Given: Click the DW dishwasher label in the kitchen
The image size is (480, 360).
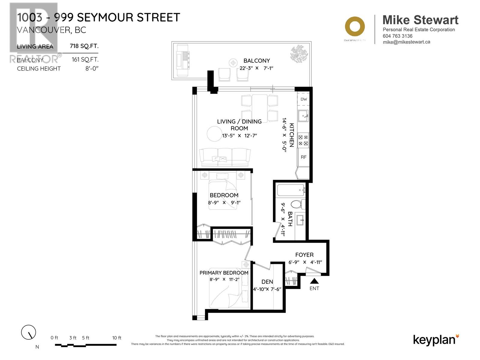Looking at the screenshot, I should pos(304,99).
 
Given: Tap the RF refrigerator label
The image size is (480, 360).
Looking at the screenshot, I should pos(304,157).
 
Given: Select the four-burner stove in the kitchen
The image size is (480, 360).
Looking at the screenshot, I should pos(303,140).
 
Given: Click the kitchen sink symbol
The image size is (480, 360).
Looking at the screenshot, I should pos(303,115).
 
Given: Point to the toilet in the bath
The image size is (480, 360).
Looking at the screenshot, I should pos(297,204).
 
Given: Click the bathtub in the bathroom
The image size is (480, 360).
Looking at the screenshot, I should pos(290,190).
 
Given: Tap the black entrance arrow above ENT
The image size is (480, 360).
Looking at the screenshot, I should pos(314,281).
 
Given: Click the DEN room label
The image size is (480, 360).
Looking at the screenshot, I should pos(267,282).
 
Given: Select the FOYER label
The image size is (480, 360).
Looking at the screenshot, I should pos(304,255).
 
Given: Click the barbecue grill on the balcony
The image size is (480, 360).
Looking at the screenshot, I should pos(183,61).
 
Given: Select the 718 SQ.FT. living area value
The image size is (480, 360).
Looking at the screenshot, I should pos(84,46).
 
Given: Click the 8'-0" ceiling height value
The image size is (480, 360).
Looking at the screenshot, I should pos(92,68).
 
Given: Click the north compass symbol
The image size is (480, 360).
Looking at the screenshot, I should pos(29,332).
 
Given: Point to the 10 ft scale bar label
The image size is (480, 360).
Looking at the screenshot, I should pos(117,338).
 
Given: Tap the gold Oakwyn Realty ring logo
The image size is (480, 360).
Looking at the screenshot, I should pos(355,26).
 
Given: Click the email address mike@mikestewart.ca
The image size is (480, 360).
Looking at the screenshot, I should pos(406,42).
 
